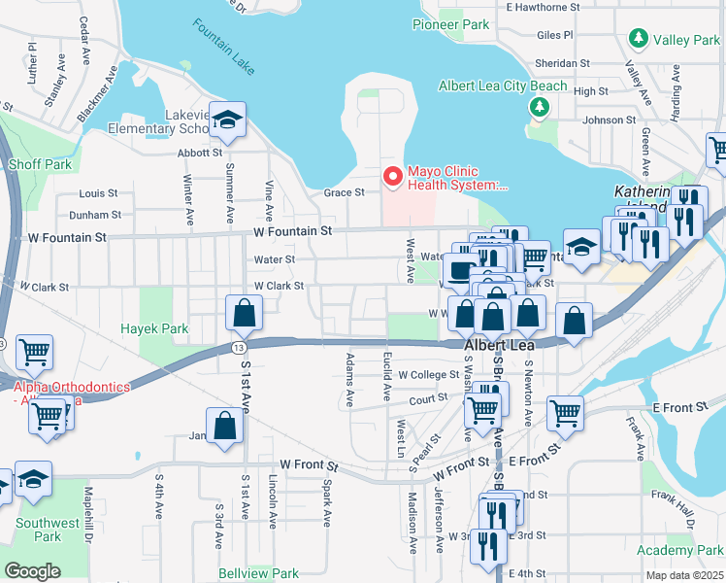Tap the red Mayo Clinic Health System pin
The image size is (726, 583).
tap(393, 176)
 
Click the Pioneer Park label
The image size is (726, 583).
tap(450, 23)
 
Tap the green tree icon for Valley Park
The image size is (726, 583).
tap(639, 39)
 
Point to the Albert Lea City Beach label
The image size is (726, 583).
tap(503, 86)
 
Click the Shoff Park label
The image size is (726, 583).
tap(40, 164)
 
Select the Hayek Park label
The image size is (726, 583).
tap(154, 328)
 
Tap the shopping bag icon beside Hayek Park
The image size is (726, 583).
tap(244, 313)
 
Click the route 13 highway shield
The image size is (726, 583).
tap(238, 347)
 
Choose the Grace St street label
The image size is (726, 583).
tap(345, 192)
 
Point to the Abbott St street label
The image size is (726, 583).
tap(201, 153)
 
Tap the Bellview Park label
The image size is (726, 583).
tap(258, 573)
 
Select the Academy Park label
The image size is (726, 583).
tap(679, 550)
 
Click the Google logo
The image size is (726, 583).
tap(33, 570)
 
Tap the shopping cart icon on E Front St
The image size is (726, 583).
tap(565, 413)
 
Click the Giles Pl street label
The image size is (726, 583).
tap(554, 34)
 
